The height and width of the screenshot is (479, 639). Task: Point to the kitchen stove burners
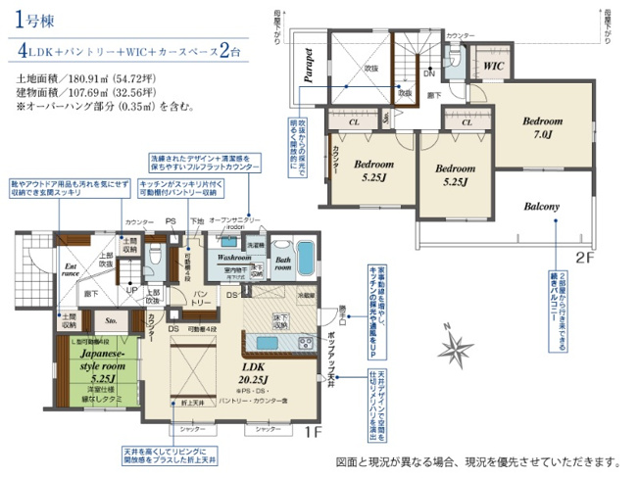(304, 342)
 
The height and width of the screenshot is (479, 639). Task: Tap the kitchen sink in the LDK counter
(267, 342)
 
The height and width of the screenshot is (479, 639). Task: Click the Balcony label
(541, 208)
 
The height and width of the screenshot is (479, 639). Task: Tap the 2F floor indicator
(584, 259)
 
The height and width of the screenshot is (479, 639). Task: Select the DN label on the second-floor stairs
(428, 72)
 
